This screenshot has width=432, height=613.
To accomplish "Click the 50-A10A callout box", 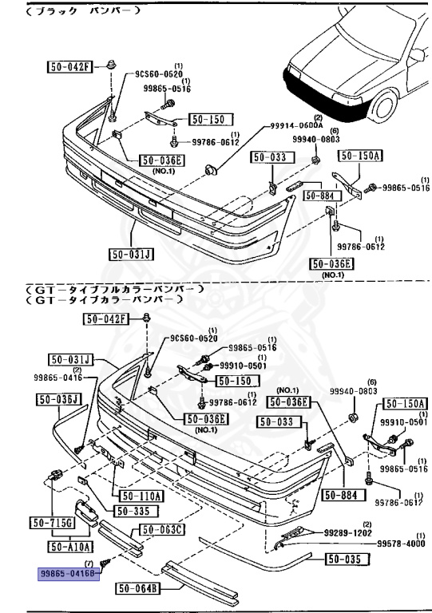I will pyautogui.click(x=71, y=547).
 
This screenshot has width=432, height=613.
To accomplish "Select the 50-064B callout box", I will pyautogui.click(x=138, y=590).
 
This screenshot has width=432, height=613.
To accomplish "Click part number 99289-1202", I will pyautogui.click(x=348, y=532).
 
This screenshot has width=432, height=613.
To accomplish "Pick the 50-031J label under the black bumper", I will pyautogui.click(x=129, y=255).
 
